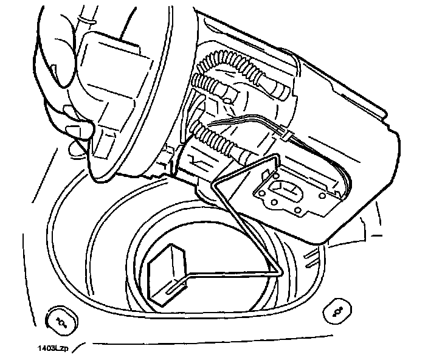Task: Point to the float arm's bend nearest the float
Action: point(280,272)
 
